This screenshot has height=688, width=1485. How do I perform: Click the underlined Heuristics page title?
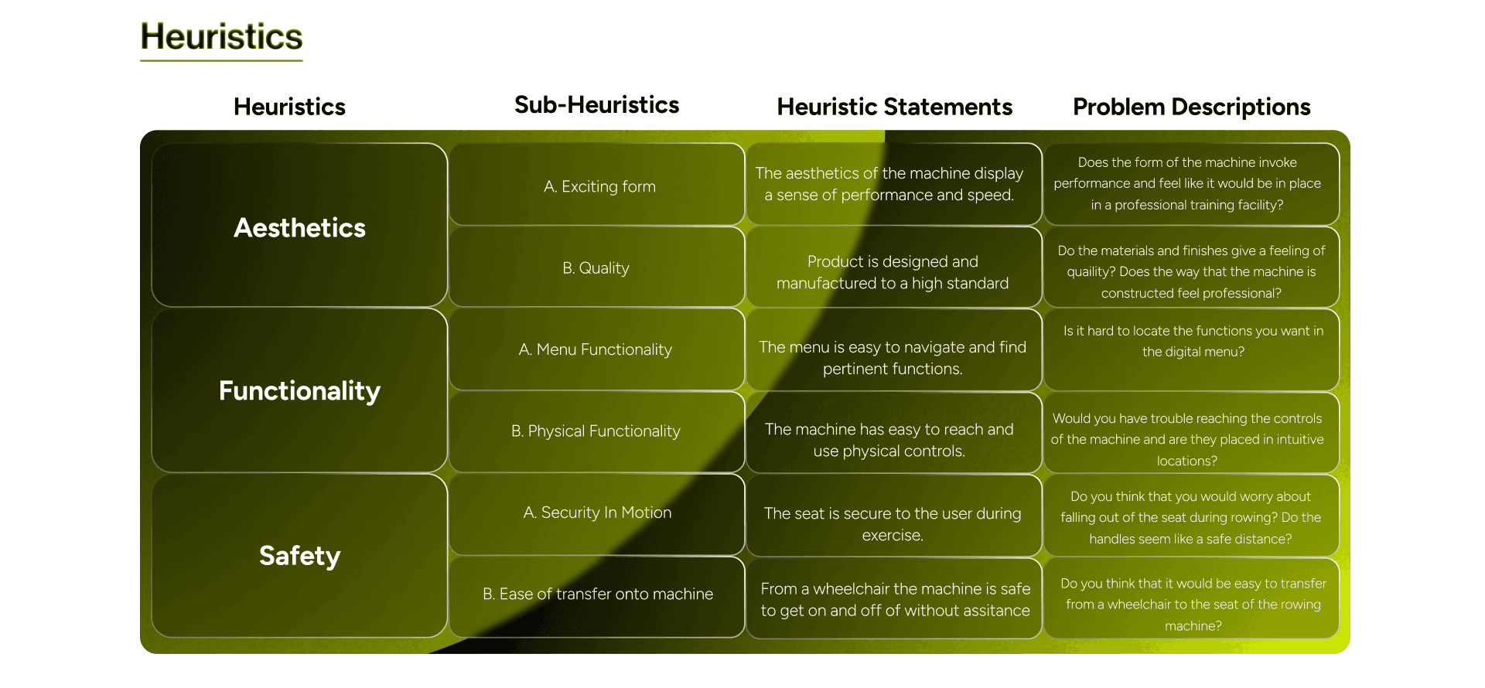click(221, 37)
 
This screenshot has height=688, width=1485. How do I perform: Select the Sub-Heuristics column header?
click(596, 105)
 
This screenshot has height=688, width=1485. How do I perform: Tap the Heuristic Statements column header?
click(894, 107)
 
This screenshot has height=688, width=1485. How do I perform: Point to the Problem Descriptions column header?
click(1191, 107)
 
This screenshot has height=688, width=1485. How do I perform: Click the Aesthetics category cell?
click(299, 227)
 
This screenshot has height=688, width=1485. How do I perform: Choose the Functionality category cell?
click(299, 390)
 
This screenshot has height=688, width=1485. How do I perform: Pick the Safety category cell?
click(299, 555)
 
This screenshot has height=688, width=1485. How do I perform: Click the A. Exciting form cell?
click(599, 186)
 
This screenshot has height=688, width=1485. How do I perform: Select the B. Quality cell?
click(596, 267)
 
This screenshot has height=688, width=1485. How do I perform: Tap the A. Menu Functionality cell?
click(595, 349)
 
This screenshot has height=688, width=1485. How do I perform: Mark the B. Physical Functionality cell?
click(596, 431)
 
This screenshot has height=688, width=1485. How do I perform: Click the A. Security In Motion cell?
click(597, 513)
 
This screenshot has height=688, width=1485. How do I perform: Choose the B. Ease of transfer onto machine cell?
click(597, 594)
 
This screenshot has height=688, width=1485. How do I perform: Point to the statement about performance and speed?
click(889, 184)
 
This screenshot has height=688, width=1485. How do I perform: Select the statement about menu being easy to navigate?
click(893, 357)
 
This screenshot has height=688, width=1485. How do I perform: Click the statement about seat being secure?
click(893, 523)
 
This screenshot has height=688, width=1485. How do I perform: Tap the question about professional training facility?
click(1187, 183)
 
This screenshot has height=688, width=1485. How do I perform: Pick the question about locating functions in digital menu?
click(1193, 341)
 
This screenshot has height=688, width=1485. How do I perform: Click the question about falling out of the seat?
click(1190, 517)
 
